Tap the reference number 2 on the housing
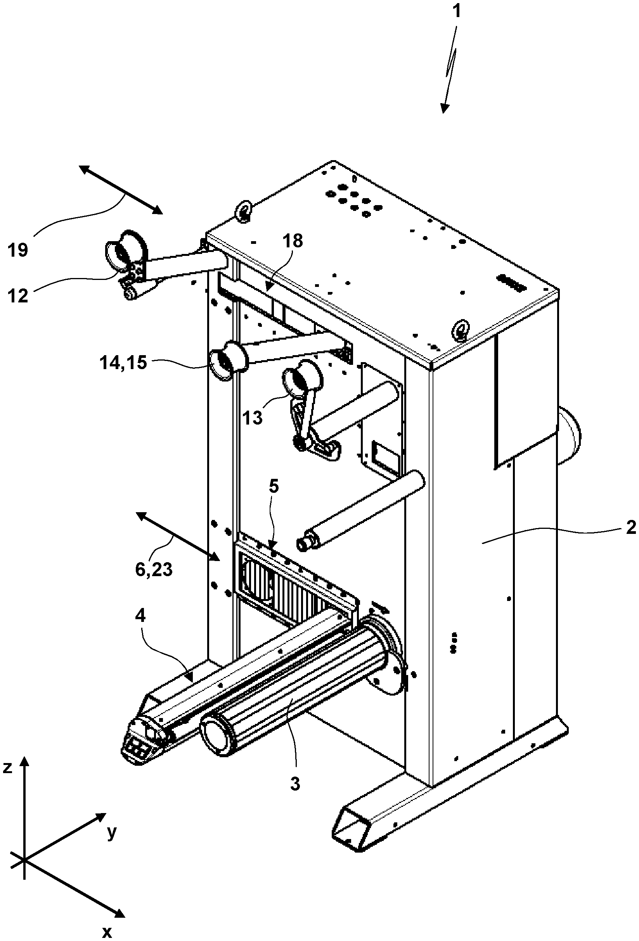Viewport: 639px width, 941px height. [x=630, y=527]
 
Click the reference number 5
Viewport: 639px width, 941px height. [x=274, y=487]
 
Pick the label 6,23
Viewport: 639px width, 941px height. [x=154, y=570]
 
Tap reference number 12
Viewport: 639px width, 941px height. [x=18, y=296]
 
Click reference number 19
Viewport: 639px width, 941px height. [x=18, y=250]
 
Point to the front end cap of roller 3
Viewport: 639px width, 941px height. [x=214, y=733]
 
